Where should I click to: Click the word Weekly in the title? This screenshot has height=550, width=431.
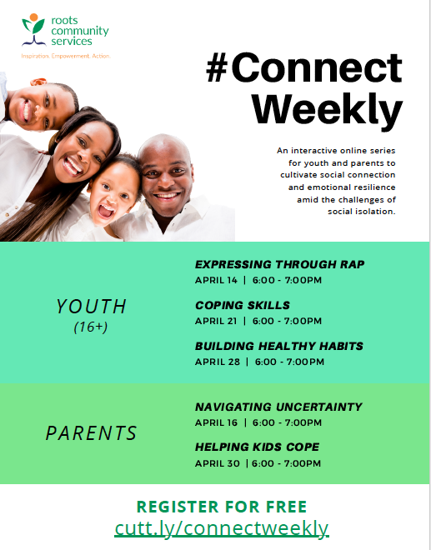pyautogui.click(x=327, y=109)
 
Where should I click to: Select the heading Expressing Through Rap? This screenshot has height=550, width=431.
pyautogui.click(x=279, y=265)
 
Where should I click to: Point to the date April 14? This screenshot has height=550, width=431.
pyautogui.click(x=217, y=280)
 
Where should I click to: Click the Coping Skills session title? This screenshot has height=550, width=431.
pyautogui.click(x=243, y=306)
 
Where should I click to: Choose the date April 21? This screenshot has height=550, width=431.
pyautogui.click(x=217, y=321)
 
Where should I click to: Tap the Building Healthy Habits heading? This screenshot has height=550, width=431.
pyautogui.click(x=279, y=346)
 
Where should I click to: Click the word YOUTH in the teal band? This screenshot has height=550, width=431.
pyautogui.click(x=92, y=307)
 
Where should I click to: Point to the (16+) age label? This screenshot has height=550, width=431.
pyautogui.click(x=91, y=327)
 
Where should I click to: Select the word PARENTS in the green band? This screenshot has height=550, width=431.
pyautogui.click(x=91, y=433)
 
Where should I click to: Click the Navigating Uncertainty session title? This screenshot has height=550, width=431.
pyautogui.click(x=278, y=407)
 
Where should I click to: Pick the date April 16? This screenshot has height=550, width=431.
pyautogui.click(x=217, y=422)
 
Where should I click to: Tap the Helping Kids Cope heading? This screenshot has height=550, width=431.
pyautogui.click(x=257, y=447)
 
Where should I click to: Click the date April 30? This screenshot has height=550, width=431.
pyautogui.click(x=217, y=463)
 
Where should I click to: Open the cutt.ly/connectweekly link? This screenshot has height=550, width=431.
pyautogui.click(x=222, y=527)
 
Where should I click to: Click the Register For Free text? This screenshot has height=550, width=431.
pyautogui.click(x=222, y=507)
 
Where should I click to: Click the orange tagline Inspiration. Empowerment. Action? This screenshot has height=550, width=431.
pyautogui.click(x=65, y=56)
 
